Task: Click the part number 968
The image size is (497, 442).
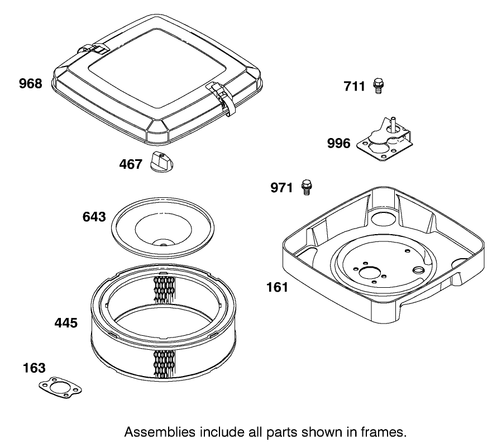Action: coord(30,84)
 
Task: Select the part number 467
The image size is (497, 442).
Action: coord(131,164)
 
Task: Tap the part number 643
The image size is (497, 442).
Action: coord(94,217)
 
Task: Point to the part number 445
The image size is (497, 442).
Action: coord(66,322)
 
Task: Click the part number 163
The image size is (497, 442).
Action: coord(34,368)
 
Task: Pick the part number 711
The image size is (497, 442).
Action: coord(354,86)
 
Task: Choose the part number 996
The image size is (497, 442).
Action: coord(339,144)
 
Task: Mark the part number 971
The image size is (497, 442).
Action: coord(281,188)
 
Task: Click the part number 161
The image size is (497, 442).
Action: coord(277,287)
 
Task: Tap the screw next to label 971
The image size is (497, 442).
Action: coord(305,187)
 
